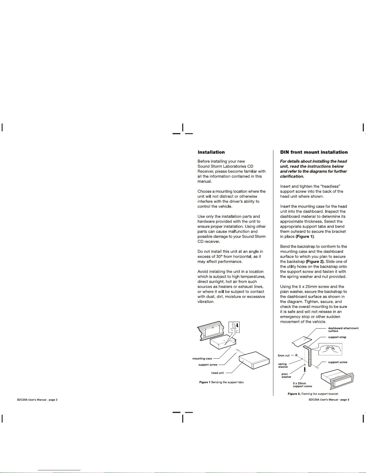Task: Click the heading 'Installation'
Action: pyautogui.click(x=211, y=152)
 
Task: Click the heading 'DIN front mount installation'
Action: pyautogui.click(x=314, y=152)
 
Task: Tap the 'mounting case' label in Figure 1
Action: pyautogui.click(x=202, y=359)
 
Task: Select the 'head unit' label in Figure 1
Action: pyautogui.click(x=218, y=373)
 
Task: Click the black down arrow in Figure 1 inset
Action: pyautogui.click(x=238, y=325)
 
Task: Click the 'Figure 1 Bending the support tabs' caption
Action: pyautogui.click(x=221, y=382)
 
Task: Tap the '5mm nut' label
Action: pyautogui.click(x=284, y=356)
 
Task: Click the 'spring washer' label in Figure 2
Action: pyautogui.click(x=283, y=365)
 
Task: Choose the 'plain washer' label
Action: pyautogui.click(x=286, y=375)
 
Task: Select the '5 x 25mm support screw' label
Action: pyautogui.click(x=302, y=385)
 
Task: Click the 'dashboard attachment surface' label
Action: pyautogui.click(x=343, y=329)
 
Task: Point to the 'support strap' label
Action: pyautogui.click(x=337, y=337)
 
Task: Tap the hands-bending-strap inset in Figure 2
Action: pyautogui.click(x=330, y=349)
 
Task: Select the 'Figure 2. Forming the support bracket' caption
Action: pyautogui.click(x=313, y=394)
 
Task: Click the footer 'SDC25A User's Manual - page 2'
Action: pyautogui.click(x=37, y=400)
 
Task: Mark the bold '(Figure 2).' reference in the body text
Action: pyautogui.click(x=315, y=262)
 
